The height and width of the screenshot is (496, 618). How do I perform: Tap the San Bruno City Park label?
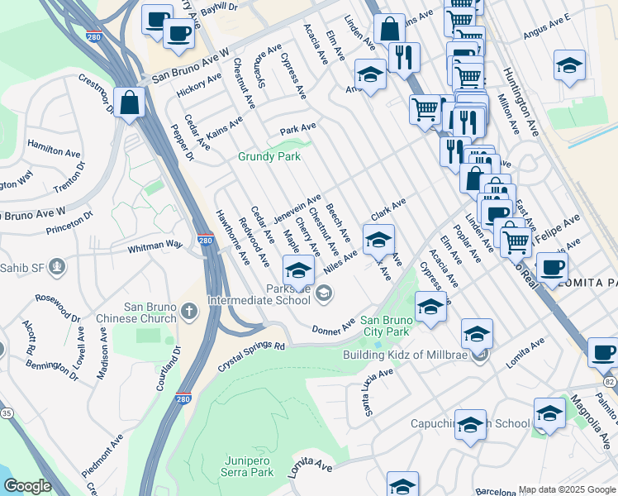tap(384, 326)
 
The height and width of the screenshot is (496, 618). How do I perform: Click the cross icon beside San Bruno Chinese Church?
tap(189, 312)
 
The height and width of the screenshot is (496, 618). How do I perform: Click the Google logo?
tap(27, 486)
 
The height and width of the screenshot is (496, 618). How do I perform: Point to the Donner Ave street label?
tap(333, 327)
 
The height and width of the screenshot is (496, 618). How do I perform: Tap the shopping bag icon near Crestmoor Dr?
tap(130, 103)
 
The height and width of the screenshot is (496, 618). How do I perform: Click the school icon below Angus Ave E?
tap(568, 66)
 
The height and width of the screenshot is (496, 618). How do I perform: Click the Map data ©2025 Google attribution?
tap(567, 489)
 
